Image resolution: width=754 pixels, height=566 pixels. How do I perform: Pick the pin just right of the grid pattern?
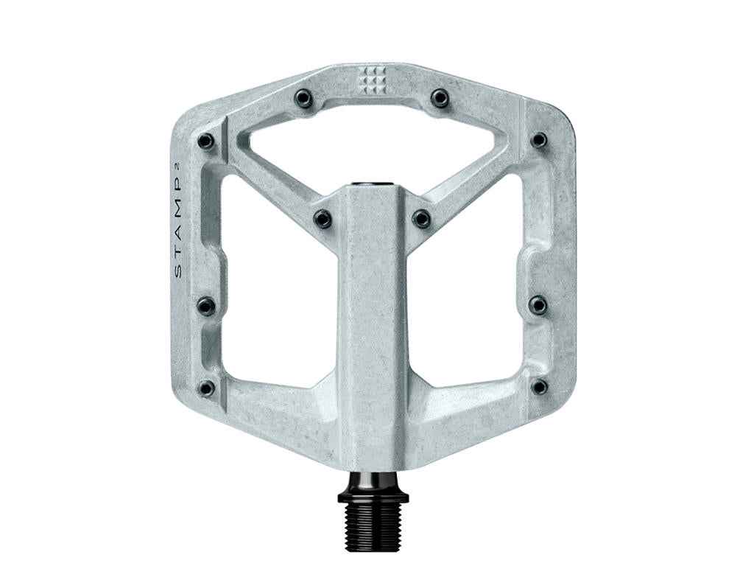pyautogui.click(x=440, y=97)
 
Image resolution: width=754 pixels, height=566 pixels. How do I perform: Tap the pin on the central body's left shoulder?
pyautogui.click(x=323, y=218)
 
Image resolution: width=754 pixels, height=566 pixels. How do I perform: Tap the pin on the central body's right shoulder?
pyautogui.click(x=421, y=218)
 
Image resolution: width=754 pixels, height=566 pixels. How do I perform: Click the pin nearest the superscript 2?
pyautogui.click(x=207, y=140)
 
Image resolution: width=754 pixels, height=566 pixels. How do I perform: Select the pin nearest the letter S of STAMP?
pyautogui.click(x=207, y=305)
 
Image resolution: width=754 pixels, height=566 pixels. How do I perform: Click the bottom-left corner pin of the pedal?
pyautogui.click(x=207, y=387)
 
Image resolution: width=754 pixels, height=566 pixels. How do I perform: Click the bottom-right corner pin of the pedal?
pyautogui.click(x=540, y=386)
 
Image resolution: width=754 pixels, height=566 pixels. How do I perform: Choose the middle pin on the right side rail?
pyautogui.click(x=539, y=304)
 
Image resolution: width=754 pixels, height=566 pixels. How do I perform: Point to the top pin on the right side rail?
pyautogui.click(x=540, y=139)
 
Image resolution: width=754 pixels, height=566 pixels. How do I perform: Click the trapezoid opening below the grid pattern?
pyautogui.click(x=372, y=144)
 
